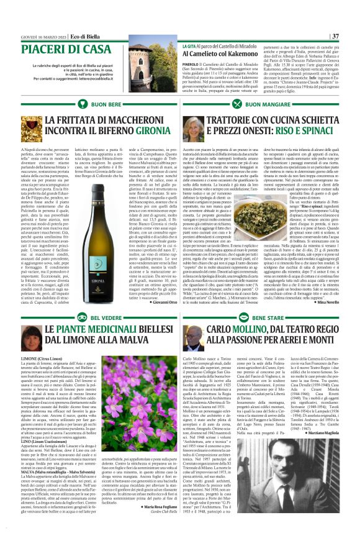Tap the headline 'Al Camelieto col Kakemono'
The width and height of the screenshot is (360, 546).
[223, 55]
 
